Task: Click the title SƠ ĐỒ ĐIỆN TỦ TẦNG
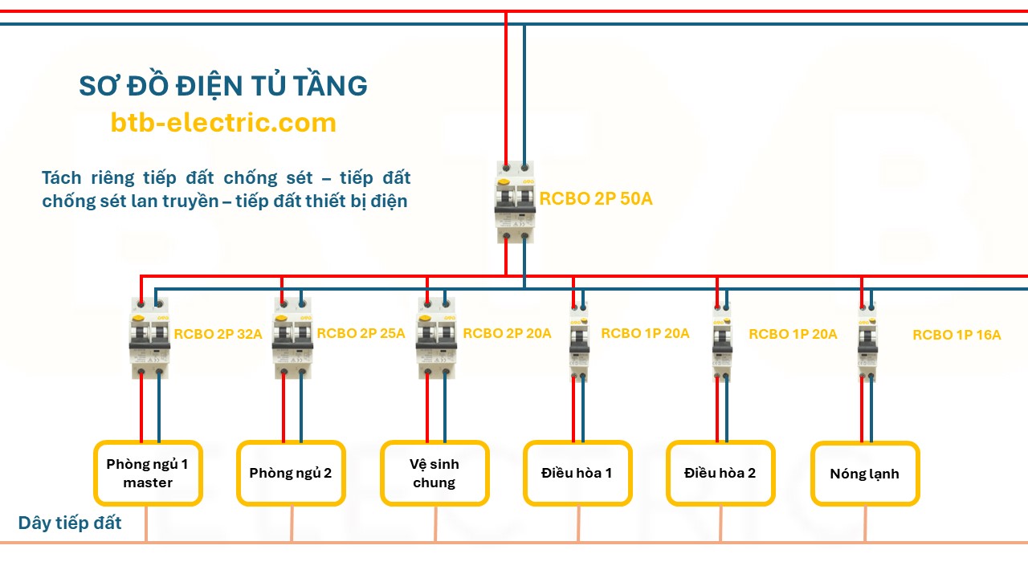222,86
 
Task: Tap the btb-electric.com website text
222,123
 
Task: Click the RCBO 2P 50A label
595,199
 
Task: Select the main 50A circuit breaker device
515,201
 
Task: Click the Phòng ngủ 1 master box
148,473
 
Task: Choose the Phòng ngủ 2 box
291,473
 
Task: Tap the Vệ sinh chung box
434,473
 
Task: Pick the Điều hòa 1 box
577,473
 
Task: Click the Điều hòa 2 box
720,473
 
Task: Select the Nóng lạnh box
864,474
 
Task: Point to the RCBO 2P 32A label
218,334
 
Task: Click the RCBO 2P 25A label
361,333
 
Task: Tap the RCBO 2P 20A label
507,333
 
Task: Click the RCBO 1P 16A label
957,335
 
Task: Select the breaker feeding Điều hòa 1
578,341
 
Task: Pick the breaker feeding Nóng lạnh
867,341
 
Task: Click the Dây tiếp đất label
70,523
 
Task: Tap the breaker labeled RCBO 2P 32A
149,337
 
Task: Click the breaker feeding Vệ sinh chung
436,337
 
